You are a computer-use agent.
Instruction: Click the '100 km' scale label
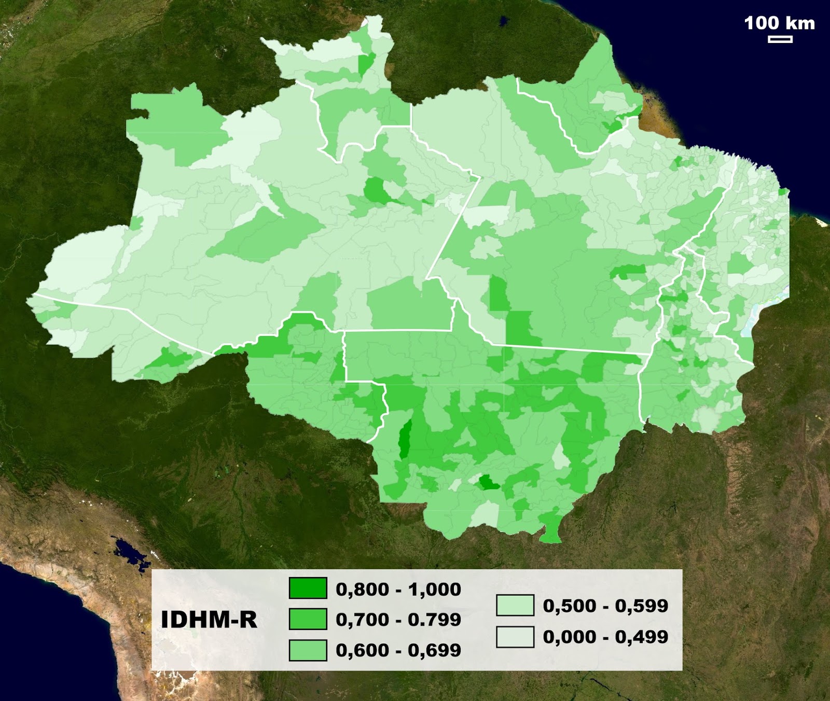pos(779,23)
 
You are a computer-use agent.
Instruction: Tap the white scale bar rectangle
pos(780,39)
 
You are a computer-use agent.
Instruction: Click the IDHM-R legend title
pos(209,620)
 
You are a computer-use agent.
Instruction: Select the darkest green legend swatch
pos(308,588)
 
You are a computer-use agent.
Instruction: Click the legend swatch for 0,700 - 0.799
pos(308,619)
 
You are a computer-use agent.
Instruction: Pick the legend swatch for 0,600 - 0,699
pos(308,650)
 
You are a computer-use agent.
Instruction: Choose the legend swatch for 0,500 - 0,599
pos(515,605)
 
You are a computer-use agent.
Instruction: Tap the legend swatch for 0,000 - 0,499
pos(515,637)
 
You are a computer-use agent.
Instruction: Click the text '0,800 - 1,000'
pos(398,590)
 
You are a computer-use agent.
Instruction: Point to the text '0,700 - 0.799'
pos(398,620)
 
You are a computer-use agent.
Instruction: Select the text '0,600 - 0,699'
pos(398,650)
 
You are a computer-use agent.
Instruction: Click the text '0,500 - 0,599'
pos(605,606)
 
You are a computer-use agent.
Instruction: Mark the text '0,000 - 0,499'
pos(605,637)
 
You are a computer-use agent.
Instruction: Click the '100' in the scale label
pos(762,23)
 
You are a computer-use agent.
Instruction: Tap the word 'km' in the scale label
pos(800,23)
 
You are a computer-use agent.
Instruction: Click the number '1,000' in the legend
pos(435,590)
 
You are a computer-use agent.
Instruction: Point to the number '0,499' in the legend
pos(642,637)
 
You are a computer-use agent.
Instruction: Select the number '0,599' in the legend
pos(642,606)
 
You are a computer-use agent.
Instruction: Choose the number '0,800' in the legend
pos(362,590)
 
